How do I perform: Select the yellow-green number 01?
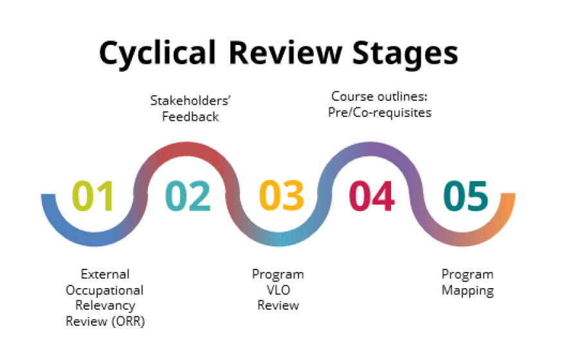[x=93, y=196]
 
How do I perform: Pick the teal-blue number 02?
[x=188, y=196]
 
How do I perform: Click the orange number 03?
[x=282, y=196]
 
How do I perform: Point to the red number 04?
[x=371, y=196]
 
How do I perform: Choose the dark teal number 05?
[x=466, y=196]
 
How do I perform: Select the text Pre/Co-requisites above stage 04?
[x=380, y=113]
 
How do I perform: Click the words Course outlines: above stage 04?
[x=380, y=96]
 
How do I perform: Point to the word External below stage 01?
[x=105, y=274]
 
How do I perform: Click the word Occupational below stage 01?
[x=105, y=290]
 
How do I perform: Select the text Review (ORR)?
[x=105, y=321]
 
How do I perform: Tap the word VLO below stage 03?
[x=278, y=290]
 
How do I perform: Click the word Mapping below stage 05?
[x=467, y=291]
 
